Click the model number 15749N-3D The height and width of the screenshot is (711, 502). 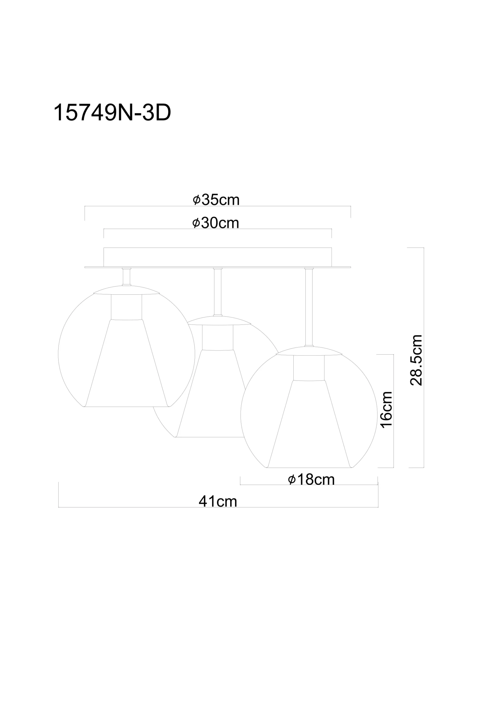point(112,113)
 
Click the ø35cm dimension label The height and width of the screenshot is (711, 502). point(216,200)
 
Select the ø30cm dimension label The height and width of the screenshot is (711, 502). point(215,223)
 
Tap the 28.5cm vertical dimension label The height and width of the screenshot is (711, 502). point(416,360)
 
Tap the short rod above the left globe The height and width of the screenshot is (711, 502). point(126,277)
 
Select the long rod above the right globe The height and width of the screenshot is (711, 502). point(309,307)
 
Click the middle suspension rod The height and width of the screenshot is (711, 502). point(218,291)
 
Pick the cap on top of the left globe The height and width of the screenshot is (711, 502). point(126,290)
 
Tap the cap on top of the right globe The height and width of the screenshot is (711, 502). point(309,351)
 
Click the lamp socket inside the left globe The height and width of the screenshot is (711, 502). point(126,307)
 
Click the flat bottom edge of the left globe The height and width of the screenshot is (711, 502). point(126,407)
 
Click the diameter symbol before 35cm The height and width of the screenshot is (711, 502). point(196,200)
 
